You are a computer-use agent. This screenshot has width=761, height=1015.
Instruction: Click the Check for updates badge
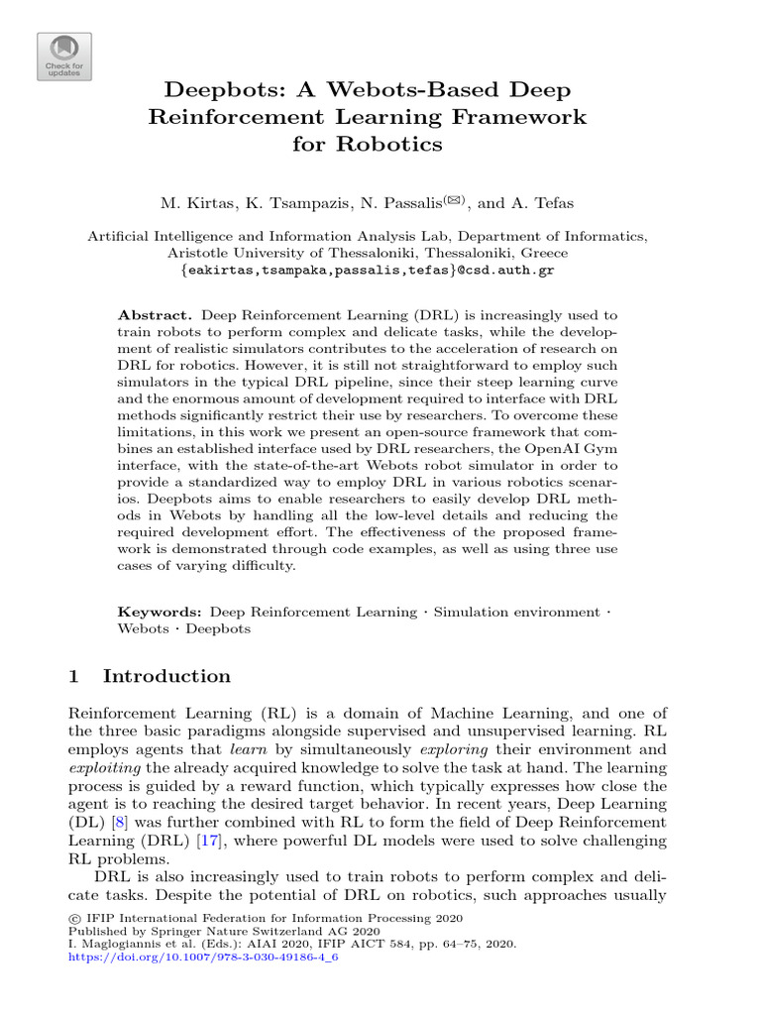click(64, 56)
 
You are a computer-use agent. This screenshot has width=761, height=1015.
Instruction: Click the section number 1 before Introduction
click(72, 677)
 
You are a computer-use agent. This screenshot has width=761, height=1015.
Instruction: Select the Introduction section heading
click(166, 677)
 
